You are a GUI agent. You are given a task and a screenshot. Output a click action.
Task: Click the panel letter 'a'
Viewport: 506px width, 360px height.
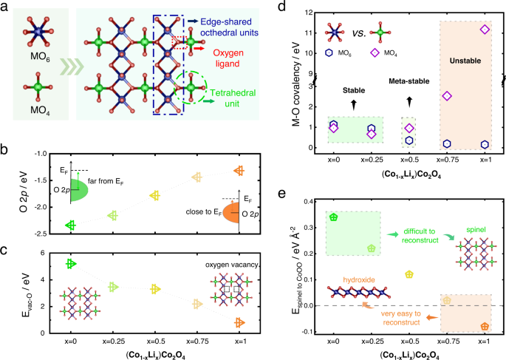5,7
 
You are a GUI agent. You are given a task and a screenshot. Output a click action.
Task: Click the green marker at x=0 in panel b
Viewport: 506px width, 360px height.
72,225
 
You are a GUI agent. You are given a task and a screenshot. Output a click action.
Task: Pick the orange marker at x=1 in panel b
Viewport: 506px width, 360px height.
239,170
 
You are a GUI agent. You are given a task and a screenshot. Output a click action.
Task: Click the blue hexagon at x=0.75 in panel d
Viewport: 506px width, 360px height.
446,143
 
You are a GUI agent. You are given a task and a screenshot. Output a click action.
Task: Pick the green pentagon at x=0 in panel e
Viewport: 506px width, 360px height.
334,217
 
